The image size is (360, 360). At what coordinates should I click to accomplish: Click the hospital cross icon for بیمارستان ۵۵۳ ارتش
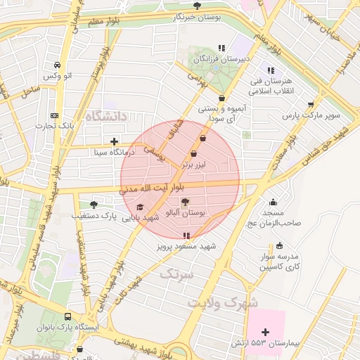coord(265,332)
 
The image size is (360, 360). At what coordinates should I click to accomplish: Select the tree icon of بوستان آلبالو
coord(186,202)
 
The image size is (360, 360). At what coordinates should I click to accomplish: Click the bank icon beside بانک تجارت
coord(55,116)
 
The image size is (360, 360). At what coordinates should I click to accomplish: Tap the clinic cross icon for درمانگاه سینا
coord(114,141)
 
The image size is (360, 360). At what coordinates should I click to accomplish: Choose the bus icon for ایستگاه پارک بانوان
coord(67,317)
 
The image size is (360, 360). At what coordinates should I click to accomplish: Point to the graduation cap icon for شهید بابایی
coord(140,207)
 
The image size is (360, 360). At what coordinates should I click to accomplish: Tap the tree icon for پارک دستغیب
coord(94,205)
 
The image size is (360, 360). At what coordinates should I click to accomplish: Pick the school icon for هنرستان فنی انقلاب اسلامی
coord(270,71)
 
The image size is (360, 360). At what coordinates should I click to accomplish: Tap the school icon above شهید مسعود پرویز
coord(186,236)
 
